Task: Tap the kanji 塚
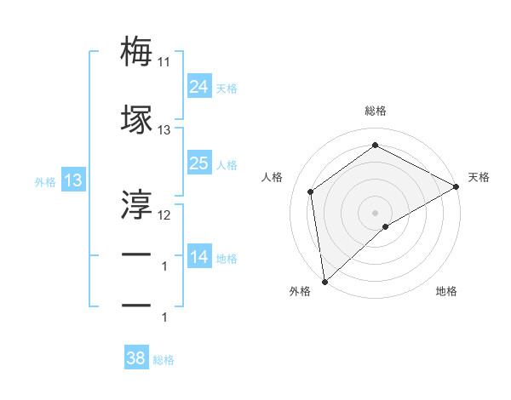point(136,120)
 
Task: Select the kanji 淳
point(136,203)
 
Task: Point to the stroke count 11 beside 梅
point(164,62)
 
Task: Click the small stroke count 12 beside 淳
point(164,214)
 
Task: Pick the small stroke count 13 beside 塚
point(164,130)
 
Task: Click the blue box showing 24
point(198,87)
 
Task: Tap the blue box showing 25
point(198,163)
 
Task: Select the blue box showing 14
point(198,257)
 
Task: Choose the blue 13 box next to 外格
point(72,180)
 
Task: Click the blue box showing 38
point(136,358)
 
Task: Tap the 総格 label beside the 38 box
point(164,360)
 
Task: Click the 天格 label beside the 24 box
point(227,89)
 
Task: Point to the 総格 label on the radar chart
point(375,111)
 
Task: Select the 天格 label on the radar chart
point(479,177)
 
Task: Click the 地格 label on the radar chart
point(446,292)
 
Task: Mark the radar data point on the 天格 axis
point(456,186)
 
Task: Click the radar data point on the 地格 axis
point(386,226)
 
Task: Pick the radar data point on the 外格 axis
point(324,281)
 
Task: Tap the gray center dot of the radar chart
point(375,212)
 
